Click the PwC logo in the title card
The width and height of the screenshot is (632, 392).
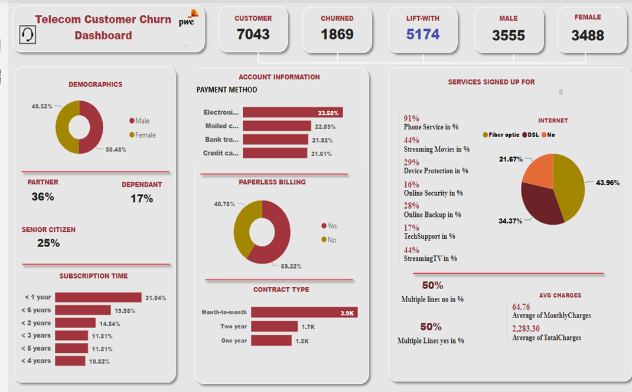coord(190,18)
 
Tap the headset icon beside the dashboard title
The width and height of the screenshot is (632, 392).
coord(28,35)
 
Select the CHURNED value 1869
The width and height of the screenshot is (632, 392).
coord(337,34)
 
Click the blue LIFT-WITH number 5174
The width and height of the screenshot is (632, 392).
coord(423,34)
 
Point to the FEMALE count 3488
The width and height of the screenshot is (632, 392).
coord(588,35)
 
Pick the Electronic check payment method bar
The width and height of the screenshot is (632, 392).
coord(292,112)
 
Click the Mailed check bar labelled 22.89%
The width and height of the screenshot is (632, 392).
coord(276,126)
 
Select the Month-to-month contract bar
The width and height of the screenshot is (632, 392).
coord(304,312)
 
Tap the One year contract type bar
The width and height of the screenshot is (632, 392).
coord(271,341)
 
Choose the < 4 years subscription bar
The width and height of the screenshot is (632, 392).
coord(70,361)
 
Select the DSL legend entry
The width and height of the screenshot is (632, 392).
coord(530,135)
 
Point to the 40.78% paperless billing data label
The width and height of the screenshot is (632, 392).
coord(224,204)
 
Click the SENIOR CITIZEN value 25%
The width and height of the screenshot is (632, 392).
coord(48,243)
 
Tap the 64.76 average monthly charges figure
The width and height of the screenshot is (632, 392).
coord(521,307)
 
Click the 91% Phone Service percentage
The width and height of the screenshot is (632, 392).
coord(411,118)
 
